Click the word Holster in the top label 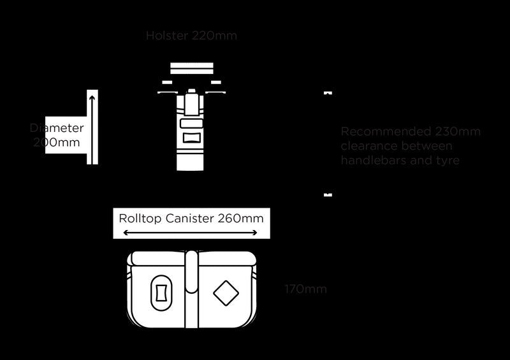(x=168, y=36)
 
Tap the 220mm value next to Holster (x=214, y=36)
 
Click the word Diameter (x=57, y=128)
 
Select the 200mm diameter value (x=57, y=142)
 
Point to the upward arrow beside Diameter (x=92, y=127)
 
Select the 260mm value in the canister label (x=240, y=219)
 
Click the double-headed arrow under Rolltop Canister (x=190, y=233)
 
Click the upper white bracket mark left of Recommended (x=328, y=92)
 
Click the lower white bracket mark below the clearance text (x=328, y=194)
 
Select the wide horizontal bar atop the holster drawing (x=191, y=67)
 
